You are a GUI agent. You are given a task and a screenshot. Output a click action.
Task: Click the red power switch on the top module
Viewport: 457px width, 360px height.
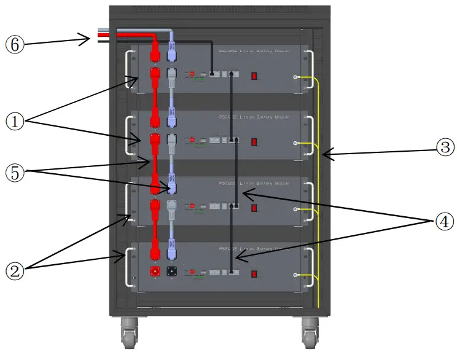[253, 76]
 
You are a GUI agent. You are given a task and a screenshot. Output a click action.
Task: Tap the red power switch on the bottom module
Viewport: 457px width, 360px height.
[253, 273]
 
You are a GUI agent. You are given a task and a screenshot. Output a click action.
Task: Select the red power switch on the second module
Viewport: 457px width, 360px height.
[253, 142]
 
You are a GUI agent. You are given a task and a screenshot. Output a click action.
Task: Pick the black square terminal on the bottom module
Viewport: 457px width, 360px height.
[172, 271]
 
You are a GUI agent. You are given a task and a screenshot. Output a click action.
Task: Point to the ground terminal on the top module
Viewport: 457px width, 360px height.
[296, 77]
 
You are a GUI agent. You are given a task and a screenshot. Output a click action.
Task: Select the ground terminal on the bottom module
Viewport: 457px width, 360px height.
[296, 275]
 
